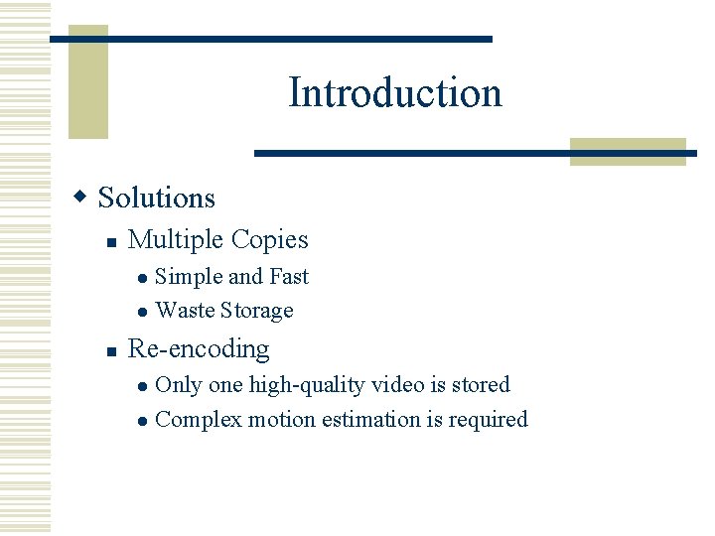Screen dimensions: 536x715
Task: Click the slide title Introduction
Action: coord(395,93)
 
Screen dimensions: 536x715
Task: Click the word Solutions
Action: coord(157,198)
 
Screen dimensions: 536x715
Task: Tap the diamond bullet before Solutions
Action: coord(83,197)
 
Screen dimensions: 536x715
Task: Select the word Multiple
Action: coord(176,240)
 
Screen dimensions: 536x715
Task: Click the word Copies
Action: coord(269,240)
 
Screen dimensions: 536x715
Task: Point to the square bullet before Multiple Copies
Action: coord(113,241)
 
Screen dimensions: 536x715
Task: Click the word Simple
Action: coord(189,277)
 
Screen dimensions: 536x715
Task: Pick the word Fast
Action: coord(289,277)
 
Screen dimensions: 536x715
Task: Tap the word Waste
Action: coord(186,311)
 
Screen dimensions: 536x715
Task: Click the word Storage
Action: coord(257,311)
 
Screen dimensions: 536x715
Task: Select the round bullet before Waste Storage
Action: coord(142,312)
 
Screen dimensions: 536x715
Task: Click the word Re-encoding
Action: coord(199,349)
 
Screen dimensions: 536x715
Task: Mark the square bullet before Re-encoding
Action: coord(113,350)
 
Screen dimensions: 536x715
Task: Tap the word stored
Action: coord(480,385)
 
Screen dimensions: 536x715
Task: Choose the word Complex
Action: coord(199,420)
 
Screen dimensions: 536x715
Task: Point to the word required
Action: coord(488,420)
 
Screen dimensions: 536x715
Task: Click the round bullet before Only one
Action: coord(142,386)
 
